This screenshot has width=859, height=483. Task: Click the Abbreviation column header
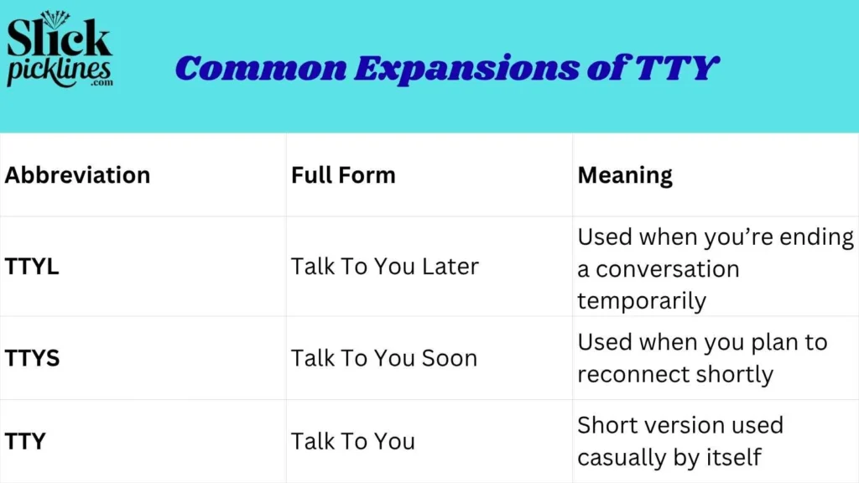point(77,175)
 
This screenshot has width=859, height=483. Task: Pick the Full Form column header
point(343,175)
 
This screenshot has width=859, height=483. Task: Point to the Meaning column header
point(625,175)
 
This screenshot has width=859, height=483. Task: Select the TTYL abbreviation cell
point(32,267)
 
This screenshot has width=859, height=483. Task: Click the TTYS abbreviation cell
point(32,358)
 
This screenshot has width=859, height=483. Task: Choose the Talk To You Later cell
point(385,267)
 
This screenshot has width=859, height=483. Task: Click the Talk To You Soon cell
point(384,358)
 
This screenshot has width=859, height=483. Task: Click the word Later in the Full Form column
point(450,267)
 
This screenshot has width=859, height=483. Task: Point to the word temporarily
point(642,301)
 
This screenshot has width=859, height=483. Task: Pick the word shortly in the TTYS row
point(737,374)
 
